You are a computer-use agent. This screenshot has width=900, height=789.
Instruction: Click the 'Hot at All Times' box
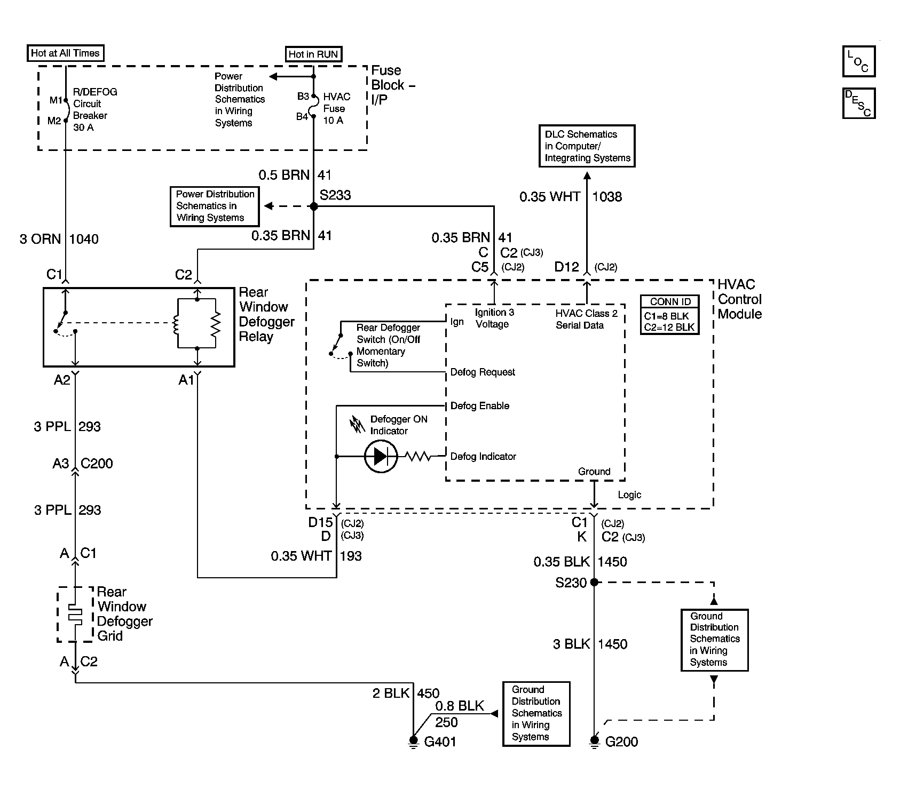pyautogui.click(x=65, y=53)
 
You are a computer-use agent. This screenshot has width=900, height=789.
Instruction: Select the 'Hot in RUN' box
pyautogui.click(x=313, y=54)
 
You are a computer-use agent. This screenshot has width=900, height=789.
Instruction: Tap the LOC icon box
pyautogui.click(x=858, y=61)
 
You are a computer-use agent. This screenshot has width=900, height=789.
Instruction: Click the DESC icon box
pyautogui.click(x=858, y=102)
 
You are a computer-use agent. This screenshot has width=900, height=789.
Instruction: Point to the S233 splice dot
pyautogui.click(x=314, y=206)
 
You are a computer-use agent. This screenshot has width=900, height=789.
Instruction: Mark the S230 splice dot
pyautogui.click(x=594, y=583)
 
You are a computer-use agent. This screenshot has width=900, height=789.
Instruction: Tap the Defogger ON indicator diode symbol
pyautogui.click(x=381, y=457)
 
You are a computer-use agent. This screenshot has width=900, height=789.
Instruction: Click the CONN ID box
pyautogui.click(x=670, y=315)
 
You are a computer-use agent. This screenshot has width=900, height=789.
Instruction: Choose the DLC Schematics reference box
pyautogui.click(x=587, y=146)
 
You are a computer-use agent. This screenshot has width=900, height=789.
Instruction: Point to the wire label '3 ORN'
pyautogui.click(x=41, y=239)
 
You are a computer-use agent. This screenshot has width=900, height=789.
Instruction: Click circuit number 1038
pyautogui.click(x=607, y=197)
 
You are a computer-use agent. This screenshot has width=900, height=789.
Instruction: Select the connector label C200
pyautogui.click(x=97, y=463)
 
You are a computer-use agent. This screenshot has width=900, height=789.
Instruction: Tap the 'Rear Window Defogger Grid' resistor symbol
pyautogui.click(x=75, y=615)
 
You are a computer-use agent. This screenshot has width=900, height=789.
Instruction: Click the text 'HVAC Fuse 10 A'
pyautogui.click(x=337, y=108)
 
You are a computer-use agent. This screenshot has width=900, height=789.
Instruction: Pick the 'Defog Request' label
pyautogui.click(x=483, y=372)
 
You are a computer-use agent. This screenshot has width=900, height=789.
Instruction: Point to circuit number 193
pyautogui.click(x=351, y=556)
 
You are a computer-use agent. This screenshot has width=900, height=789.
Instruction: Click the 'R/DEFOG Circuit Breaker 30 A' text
pyautogui.click(x=95, y=109)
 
